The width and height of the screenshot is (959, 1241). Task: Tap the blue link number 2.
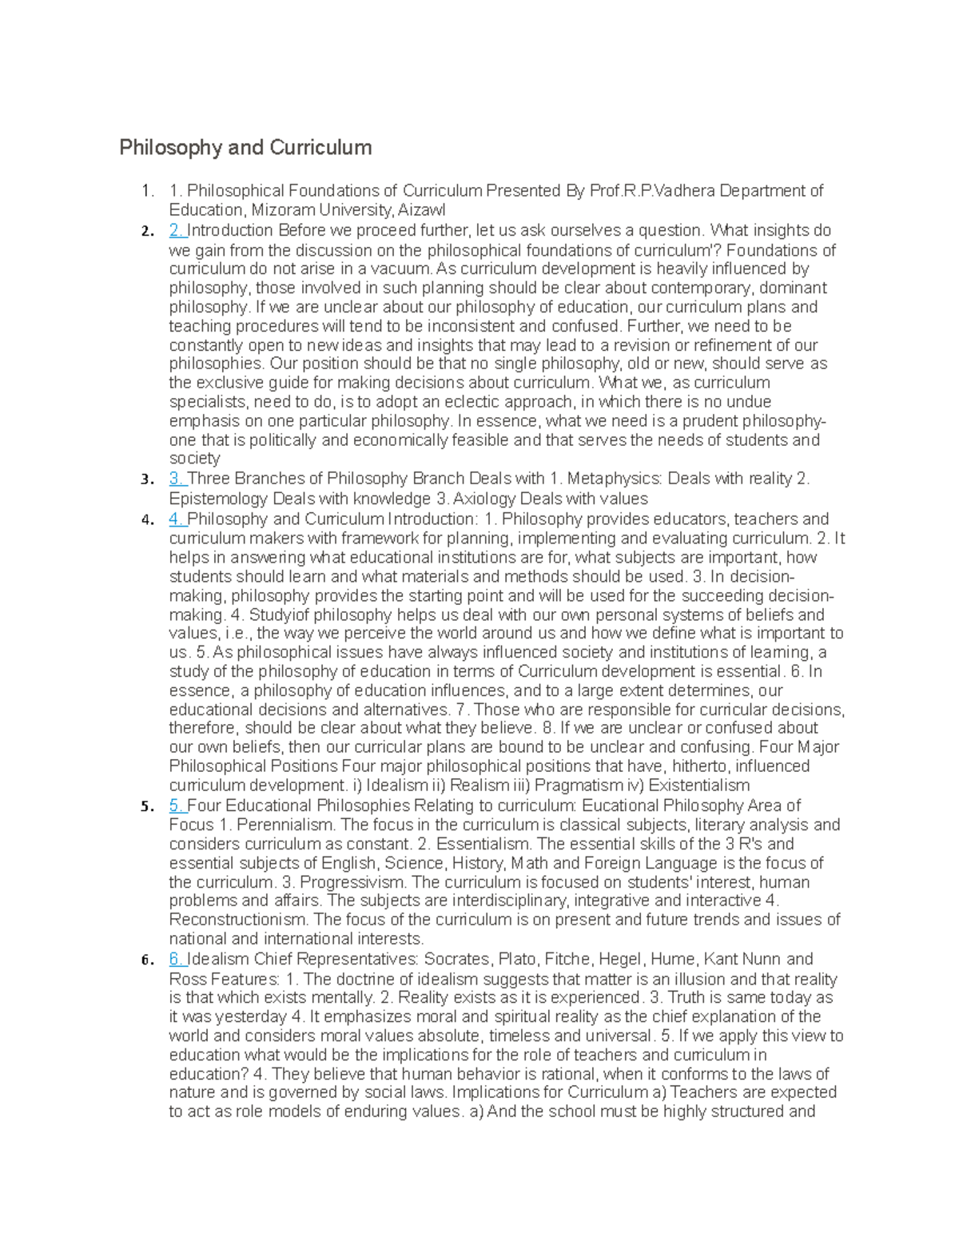[177, 231]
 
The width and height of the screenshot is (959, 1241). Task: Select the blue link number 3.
[177, 479]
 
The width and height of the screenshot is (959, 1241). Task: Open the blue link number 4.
[177, 519]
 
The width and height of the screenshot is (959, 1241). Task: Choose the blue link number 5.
[177, 805]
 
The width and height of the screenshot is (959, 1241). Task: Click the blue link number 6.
[177, 959]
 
